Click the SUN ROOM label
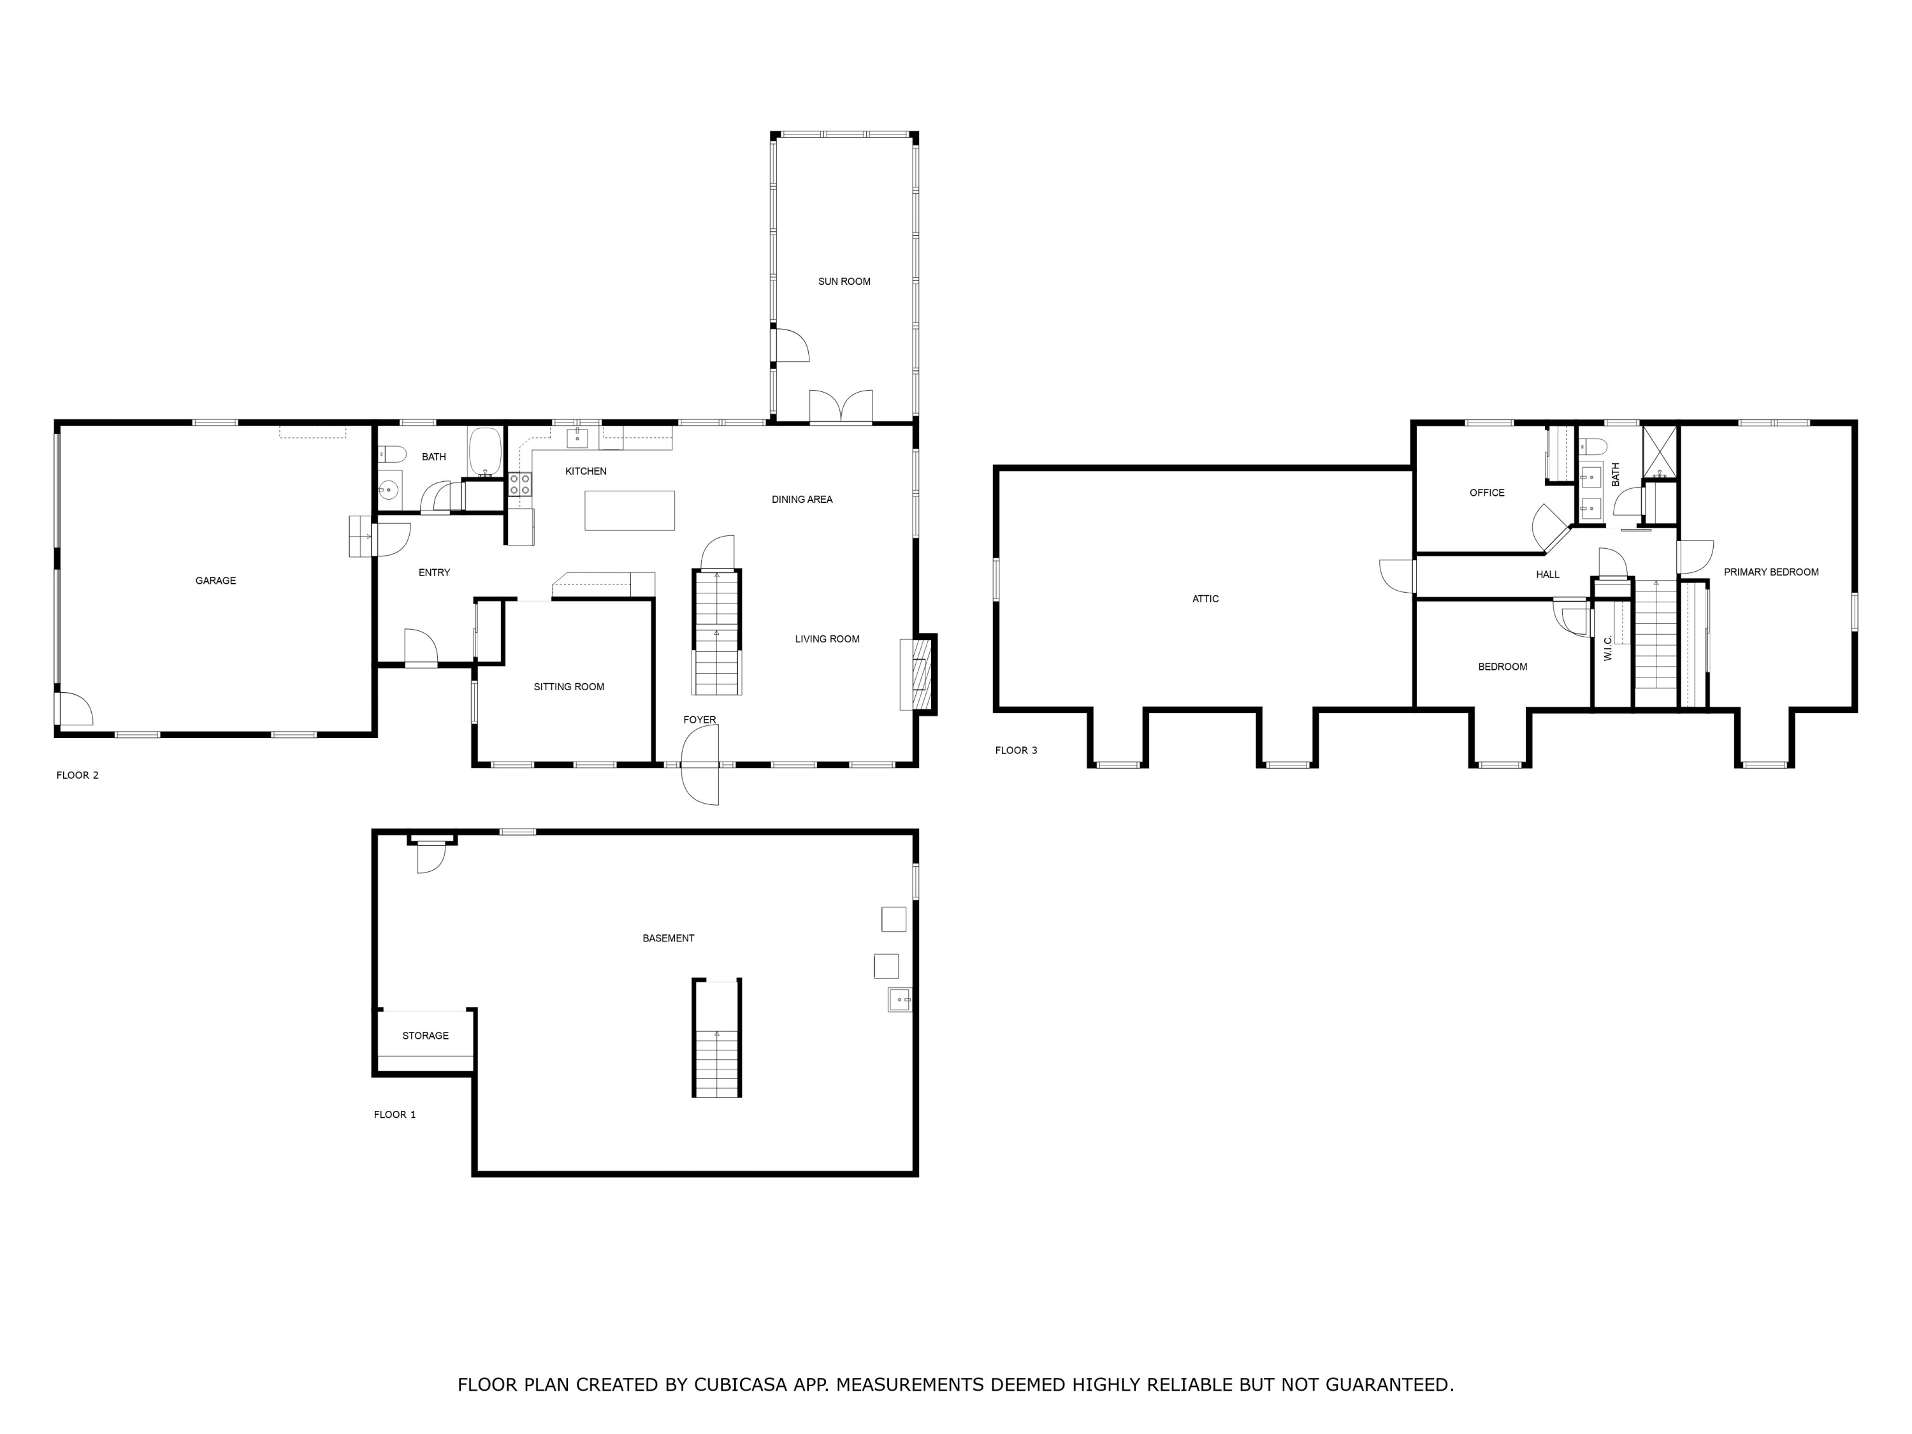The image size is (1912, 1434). click(844, 282)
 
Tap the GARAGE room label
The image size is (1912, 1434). click(215, 581)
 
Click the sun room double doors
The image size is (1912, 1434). click(840, 407)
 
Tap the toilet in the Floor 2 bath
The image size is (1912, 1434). click(393, 454)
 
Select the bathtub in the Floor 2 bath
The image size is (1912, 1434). click(485, 451)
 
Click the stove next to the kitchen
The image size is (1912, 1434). click(519, 484)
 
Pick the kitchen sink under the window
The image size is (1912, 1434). click(577, 438)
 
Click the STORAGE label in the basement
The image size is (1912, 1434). click(424, 1036)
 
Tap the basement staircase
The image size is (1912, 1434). click(716, 1038)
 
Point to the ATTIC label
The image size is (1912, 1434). click(1205, 599)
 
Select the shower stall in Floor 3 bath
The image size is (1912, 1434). click(1659, 451)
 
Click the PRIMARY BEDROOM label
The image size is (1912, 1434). click(1771, 572)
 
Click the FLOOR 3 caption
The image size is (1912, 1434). click(1016, 750)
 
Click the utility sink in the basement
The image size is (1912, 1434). click(899, 1000)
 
